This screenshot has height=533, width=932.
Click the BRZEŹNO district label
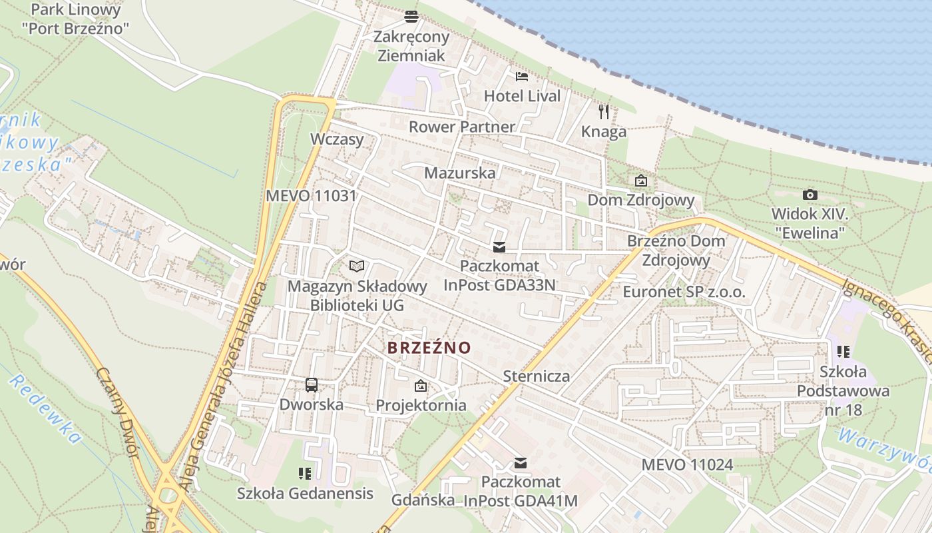tap(429, 348)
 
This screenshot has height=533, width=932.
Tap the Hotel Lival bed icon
tap(522, 77)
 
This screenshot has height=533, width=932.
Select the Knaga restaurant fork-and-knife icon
tap(604, 111)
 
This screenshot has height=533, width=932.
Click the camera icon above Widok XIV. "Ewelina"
tap(810, 195)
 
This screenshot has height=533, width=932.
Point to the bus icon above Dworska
tap(312, 384)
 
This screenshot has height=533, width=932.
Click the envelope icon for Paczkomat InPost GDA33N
tap(499, 247)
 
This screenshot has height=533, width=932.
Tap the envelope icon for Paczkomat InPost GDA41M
tap(521, 463)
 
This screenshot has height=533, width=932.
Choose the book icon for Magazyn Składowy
tap(357, 266)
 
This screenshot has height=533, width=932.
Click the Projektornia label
tap(421, 405)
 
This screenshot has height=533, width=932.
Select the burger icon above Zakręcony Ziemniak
tap(411, 16)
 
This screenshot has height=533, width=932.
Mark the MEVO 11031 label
tap(311, 196)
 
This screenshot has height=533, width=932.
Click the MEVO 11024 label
tap(687, 464)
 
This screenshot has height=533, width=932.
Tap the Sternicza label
tap(536, 376)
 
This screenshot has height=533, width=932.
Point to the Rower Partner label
tap(461, 127)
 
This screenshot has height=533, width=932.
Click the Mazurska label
tap(460, 173)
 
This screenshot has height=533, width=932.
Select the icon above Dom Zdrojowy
tap(640, 181)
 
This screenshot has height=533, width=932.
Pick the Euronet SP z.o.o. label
tap(684, 292)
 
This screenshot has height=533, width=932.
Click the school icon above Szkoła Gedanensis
tap(305, 474)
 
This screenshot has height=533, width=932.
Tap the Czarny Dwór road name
tap(117, 412)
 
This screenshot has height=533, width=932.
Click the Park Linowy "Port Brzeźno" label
tap(75, 19)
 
